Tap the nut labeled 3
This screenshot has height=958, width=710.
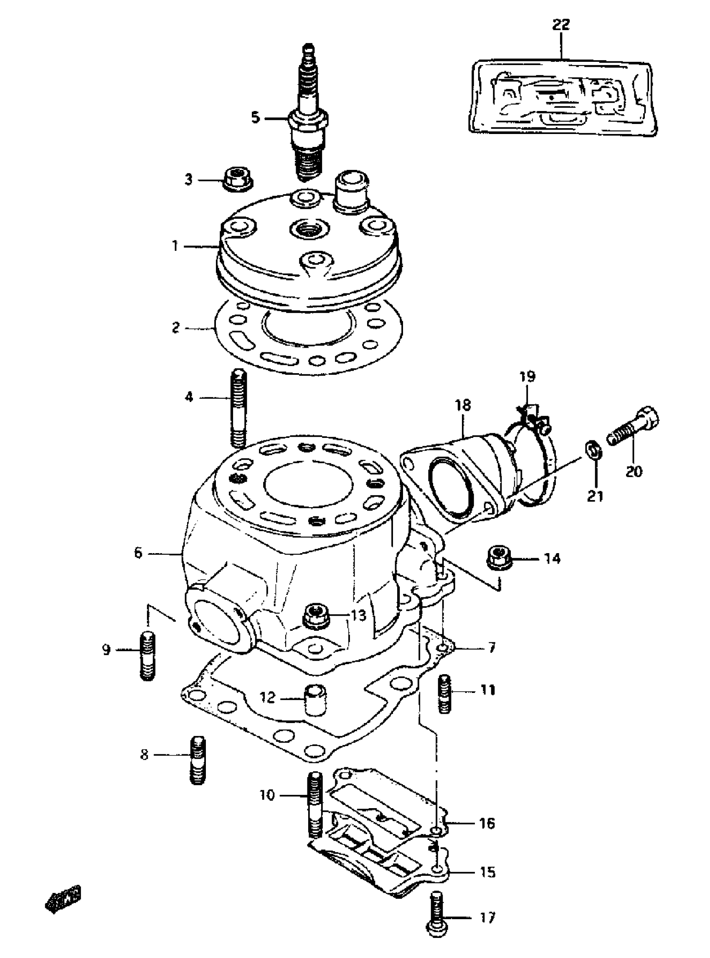[237, 179]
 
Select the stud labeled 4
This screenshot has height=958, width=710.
[238, 408]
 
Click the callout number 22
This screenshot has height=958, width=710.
[561, 25]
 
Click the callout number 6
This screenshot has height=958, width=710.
[137, 553]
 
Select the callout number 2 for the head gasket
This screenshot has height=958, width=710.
[175, 328]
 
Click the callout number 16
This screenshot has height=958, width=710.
[487, 823]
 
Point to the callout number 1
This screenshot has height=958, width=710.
[175, 247]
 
